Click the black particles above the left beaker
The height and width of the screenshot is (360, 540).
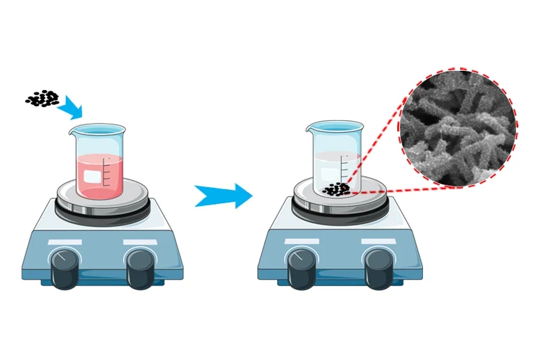pyautogui.click(x=42, y=98)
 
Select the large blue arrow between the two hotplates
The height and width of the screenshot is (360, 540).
pyautogui.click(x=223, y=195)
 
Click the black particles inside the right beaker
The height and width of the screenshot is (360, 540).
pyautogui.click(x=336, y=190)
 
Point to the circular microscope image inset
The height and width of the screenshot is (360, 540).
pyautogui.click(x=458, y=128)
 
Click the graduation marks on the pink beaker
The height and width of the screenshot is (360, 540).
pyautogui.click(x=107, y=171)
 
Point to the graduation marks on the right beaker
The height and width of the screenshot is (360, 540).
pyautogui.click(x=344, y=168)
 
